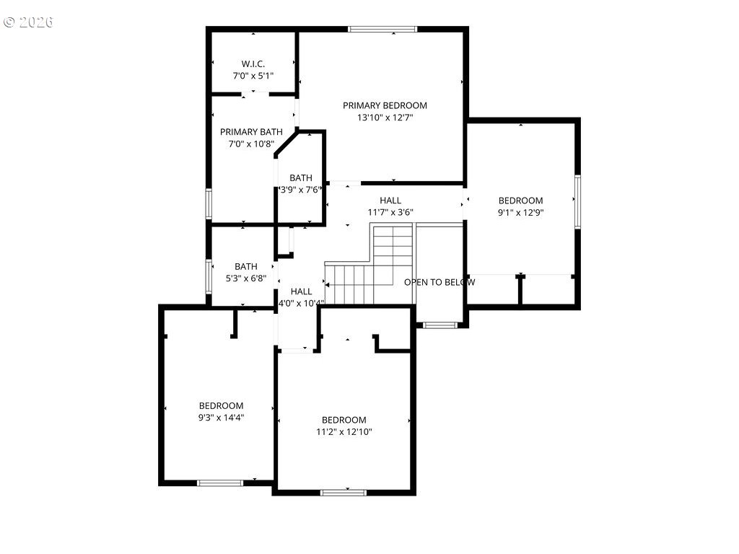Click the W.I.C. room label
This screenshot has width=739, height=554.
point(252,63)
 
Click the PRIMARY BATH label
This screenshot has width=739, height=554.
point(251,131)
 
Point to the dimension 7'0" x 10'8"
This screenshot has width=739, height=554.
point(251,144)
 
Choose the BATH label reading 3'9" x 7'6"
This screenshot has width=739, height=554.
point(301,178)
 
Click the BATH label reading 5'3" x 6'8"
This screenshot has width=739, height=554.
point(245,266)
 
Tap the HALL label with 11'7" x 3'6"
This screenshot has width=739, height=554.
point(390,201)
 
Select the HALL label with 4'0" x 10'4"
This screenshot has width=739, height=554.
point(301,291)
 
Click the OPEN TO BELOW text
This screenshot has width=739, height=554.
point(439,282)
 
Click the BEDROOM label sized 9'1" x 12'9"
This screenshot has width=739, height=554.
point(520,201)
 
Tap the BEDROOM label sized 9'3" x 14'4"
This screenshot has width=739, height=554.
point(221,405)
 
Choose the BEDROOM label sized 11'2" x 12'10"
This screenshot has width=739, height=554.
point(344,420)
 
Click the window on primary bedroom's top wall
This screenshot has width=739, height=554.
point(382,30)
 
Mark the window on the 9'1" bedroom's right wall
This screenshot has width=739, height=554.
point(577,201)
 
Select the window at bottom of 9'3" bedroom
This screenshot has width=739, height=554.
point(220,483)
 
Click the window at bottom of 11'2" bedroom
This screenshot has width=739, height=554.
point(344,493)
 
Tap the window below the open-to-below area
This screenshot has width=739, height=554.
point(439,325)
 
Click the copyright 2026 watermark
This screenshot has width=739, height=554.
point(29,22)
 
